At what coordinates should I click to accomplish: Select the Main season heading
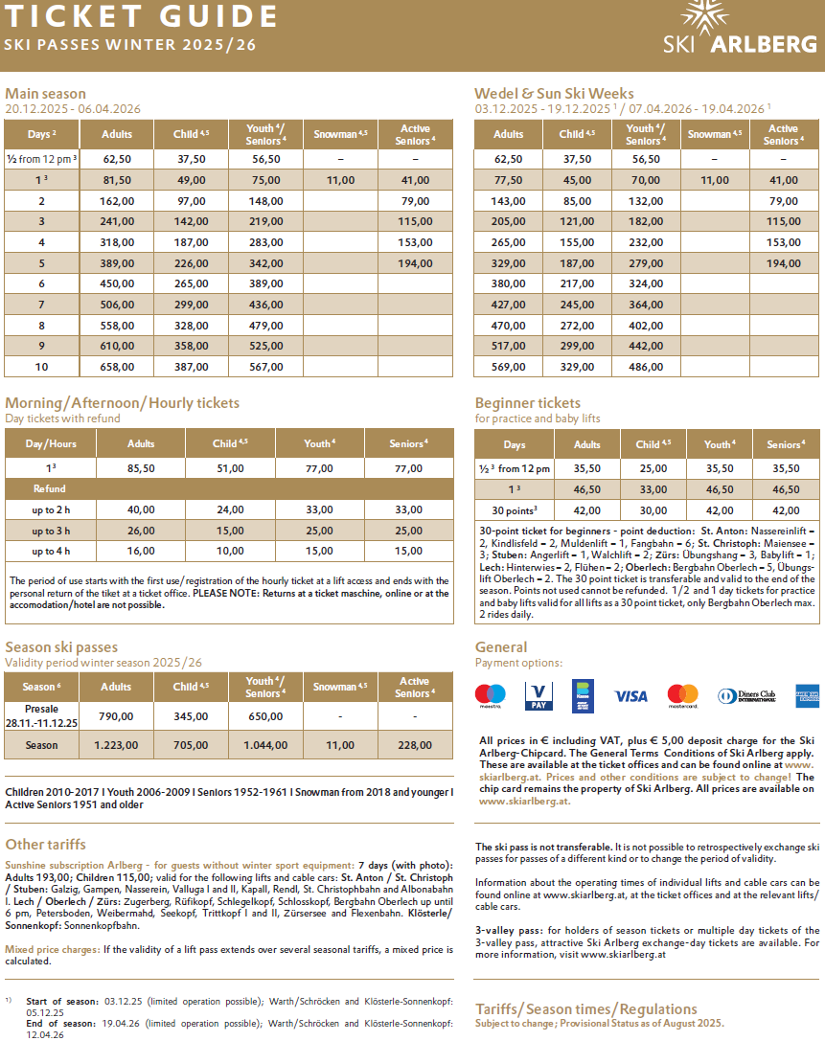[x=45, y=93]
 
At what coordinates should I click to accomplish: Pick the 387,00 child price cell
[x=192, y=366]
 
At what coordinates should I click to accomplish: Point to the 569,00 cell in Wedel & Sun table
[x=509, y=366]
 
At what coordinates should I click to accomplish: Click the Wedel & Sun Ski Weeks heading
[x=554, y=93]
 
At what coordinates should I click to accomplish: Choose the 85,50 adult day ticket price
[x=141, y=468]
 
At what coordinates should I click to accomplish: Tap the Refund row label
[x=50, y=488]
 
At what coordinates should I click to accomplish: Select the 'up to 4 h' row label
[x=50, y=551]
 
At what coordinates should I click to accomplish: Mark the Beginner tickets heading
[x=527, y=403]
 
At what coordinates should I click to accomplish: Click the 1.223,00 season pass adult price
[x=116, y=744]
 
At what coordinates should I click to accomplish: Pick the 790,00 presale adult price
[x=116, y=715]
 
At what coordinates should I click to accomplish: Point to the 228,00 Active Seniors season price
[x=415, y=744]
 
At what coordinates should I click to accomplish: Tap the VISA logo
[x=630, y=696]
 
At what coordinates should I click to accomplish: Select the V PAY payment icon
[x=539, y=696]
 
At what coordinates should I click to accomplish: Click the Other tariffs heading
[x=45, y=844]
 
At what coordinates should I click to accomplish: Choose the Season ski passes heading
[x=61, y=647]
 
